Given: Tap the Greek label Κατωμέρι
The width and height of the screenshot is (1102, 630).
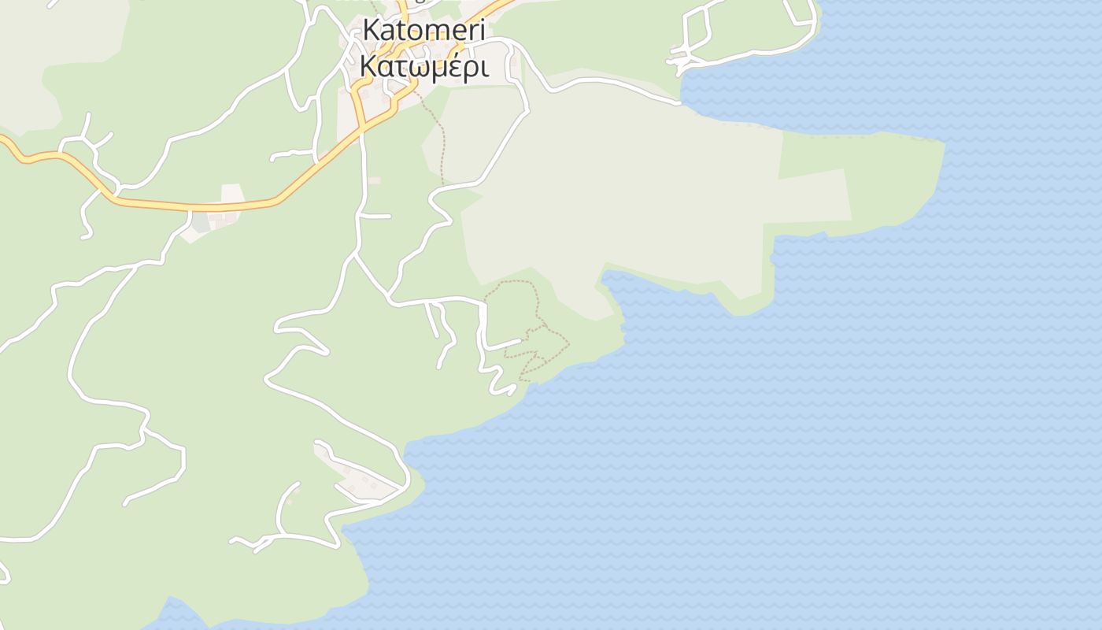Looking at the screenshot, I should click(x=423, y=66).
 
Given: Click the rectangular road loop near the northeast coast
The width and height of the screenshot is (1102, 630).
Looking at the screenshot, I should click(x=697, y=35).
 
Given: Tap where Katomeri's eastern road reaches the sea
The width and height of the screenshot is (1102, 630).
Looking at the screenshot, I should click(x=679, y=102).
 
